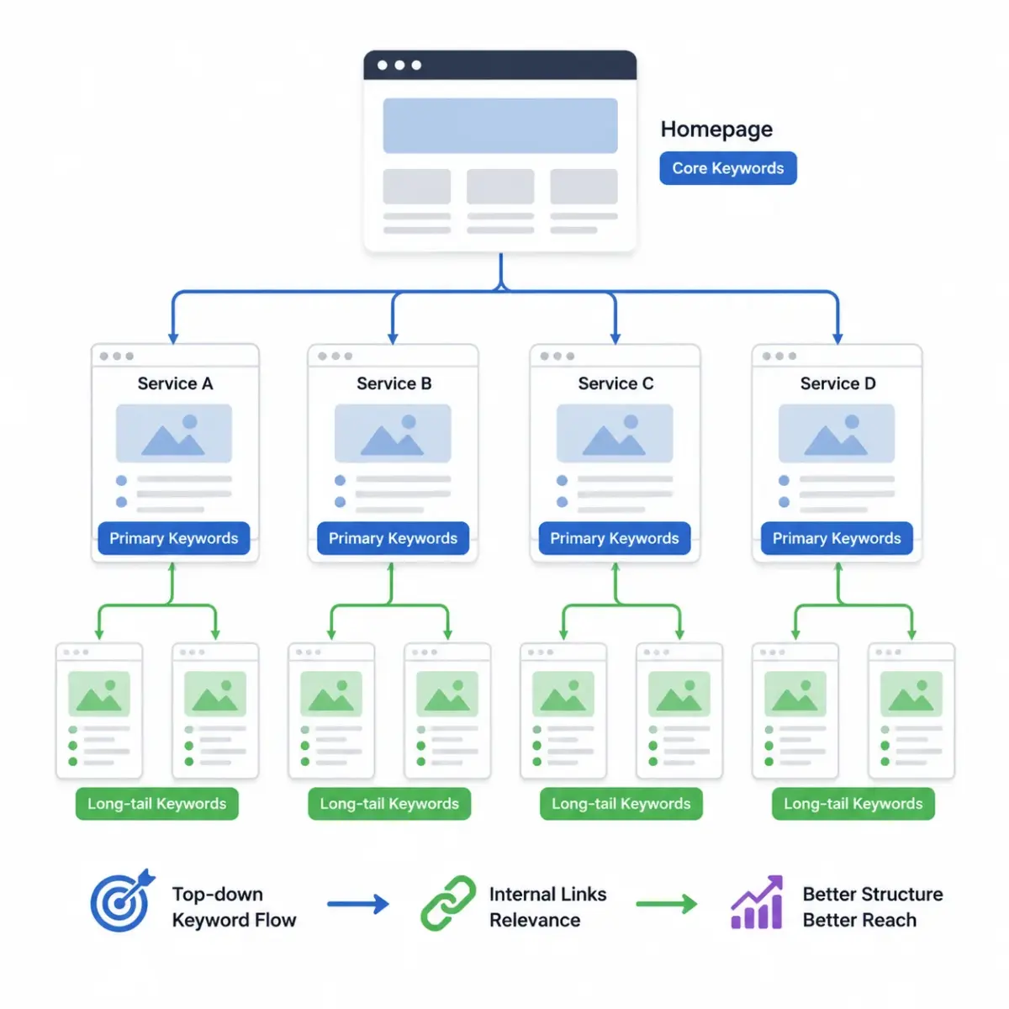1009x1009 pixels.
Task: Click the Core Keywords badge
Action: (727, 168)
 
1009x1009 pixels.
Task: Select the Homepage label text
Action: (716, 129)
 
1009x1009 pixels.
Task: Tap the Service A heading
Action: (175, 383)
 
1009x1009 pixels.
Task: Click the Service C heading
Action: (615, 383)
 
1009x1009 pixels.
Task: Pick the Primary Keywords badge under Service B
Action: (393, 538)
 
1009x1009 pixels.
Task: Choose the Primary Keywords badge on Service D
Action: (837, 538)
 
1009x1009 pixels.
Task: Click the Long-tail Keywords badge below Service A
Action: (157, 803)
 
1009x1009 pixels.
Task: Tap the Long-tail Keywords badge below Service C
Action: (621, 803)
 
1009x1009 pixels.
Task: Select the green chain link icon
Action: (448, 903)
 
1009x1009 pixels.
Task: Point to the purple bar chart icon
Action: (757, 902)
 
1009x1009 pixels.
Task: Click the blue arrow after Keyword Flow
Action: (358, 904)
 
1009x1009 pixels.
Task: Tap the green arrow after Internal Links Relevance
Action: (667, 904)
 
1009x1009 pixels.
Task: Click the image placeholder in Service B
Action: (393, 433)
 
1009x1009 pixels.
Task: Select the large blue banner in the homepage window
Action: (500, 125)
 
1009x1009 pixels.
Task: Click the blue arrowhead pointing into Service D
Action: (837, 338)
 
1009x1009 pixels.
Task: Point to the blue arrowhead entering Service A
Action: (173, 338)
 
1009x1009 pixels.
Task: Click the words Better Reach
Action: (859, 920)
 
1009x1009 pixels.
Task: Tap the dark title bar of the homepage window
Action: (500, 65)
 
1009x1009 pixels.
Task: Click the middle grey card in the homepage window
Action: (500, 187)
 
